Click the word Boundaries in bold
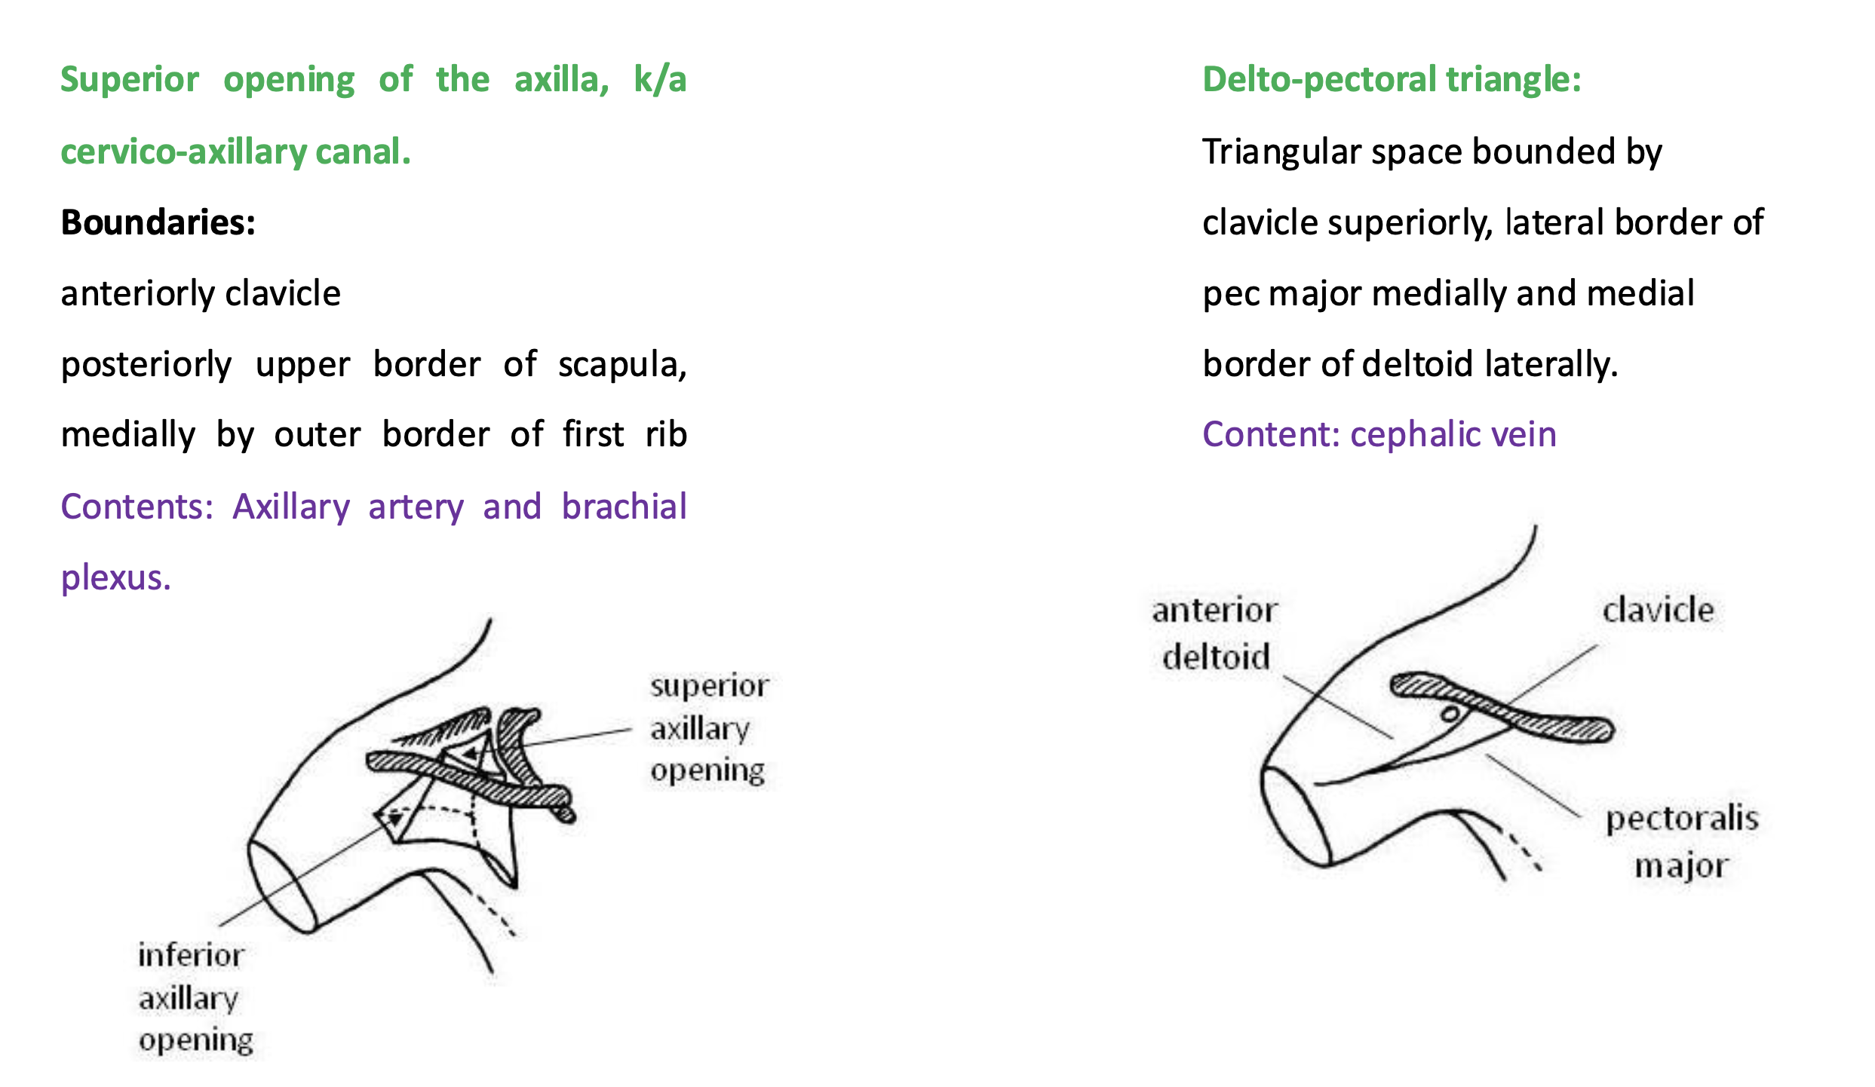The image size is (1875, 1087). tap(158, 222)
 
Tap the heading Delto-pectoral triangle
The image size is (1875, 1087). tap(1391, 80)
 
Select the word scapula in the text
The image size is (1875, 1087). tap(621, 365)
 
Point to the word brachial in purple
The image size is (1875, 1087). tap(624, 507)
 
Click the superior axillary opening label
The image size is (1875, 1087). tap(709, 728)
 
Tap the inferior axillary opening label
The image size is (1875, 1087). tap(194, 997)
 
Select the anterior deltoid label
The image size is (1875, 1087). tap(1215, 633)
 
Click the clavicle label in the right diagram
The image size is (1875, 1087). tap(1658, 610)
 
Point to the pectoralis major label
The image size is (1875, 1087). tap(1681, 841)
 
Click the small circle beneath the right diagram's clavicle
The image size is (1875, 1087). tap(1450, 714)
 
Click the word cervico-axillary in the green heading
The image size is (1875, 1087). tap(183, 152)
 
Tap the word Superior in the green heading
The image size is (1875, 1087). tap(130, 80)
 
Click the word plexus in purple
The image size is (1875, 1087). tap(115, 577)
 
